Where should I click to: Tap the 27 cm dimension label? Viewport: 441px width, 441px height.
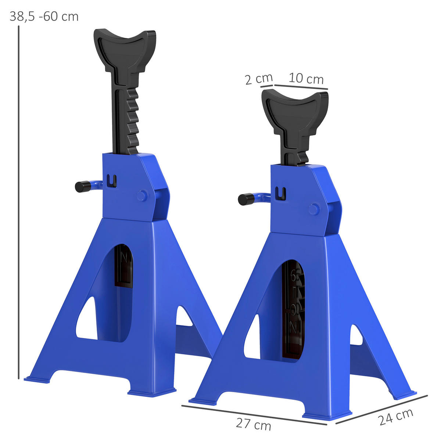(253, 424)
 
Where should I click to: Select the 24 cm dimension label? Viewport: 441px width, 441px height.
(396, 416)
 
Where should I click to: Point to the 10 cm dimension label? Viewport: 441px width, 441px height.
(306, 79)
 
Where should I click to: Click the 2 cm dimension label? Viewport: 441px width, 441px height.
(259, 79)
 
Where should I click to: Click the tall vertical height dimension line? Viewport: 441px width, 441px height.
(18, 202)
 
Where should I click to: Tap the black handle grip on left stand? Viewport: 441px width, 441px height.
(80, 187)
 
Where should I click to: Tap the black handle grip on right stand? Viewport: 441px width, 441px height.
(243, 200)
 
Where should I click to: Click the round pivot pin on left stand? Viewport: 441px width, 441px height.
(142, 195)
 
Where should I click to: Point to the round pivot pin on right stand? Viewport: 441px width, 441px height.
(314, 209)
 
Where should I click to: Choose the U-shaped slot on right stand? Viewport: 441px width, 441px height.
(281, 194)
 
